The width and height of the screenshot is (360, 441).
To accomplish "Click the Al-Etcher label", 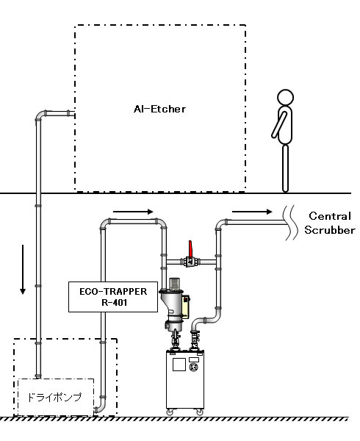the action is [x=159, y=109].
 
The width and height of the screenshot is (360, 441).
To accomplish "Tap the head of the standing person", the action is [x=285, y=98].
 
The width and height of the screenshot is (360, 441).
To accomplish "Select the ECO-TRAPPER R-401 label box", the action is [x=113, y=297].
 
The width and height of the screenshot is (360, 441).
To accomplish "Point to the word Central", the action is [x=330, y=216].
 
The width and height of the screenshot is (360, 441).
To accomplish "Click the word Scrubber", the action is [x=330, y=230].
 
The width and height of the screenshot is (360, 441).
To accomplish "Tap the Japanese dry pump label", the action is [x=54, y=397].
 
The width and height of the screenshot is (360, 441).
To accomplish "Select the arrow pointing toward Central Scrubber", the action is [x=252, y=212].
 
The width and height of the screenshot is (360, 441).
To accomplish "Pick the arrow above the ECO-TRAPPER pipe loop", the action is [x=133, y=212].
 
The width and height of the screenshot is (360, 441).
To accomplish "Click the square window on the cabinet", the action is [x=179, y=365].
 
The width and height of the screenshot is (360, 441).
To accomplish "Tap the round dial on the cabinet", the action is [x=194, y=367].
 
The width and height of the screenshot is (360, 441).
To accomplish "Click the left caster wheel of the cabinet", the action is [x=170, y=412].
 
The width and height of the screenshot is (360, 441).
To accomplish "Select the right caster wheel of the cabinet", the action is [x=200, y=412].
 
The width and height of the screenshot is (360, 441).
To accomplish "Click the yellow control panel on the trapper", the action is [x=186, y=306].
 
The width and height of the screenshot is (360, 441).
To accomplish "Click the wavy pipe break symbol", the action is [x=290, y=223].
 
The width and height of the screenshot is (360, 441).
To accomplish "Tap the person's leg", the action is [x=285, y=168].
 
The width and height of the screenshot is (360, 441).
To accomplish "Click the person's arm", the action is [x=279, y=125].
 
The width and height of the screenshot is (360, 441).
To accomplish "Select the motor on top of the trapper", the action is [x=174, y=284].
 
